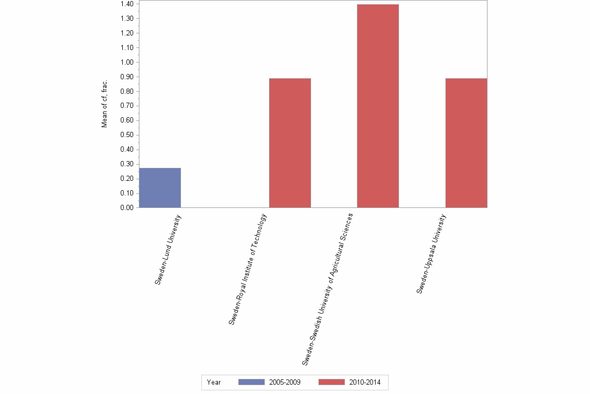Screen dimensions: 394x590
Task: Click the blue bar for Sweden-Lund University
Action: pyautogui.click(x=160, y=188)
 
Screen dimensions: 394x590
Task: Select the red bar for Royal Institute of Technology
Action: pyautogui.click(x=290, y=143)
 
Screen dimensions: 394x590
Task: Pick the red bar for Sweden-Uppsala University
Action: pyautogui.click(x=466, y=143)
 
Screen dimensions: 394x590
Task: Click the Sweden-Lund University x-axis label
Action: pyautogui.click(x=169, y=249)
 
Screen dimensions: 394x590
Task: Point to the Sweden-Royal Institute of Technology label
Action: pyautogui.click(x=248, y=269)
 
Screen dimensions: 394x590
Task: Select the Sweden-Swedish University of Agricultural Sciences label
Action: pyautogui.click(x=327, y=288)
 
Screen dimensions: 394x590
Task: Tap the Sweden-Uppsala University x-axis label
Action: pyautogui.click(x=431, y=253)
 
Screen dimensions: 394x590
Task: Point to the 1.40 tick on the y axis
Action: pyautogui.click(x=126, y=4)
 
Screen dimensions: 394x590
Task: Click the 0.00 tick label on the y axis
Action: pyautogui.click(x=126, y=208)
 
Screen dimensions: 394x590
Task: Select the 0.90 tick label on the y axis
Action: pyautogui.click(x=126, y=77)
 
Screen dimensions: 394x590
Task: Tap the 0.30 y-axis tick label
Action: pyautogui.click(x=126, y=164)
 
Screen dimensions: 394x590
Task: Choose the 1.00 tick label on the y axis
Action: pyautogui.click(x=126, y=63)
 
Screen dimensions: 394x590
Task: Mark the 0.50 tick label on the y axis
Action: pyautogui.click(x=126, y=135)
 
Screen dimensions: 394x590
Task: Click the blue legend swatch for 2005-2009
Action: pyautogui.click(x=251, y=383)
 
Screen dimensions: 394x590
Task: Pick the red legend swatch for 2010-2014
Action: pyautogui.click(x=331, y=383)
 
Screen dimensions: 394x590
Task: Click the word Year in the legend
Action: pyautogui.click(x=214, y=383)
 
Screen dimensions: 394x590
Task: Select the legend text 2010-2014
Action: pyautogui.click(x=365, y=383)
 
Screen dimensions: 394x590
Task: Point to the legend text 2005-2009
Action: pyautogui.click(x=285, y=383)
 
